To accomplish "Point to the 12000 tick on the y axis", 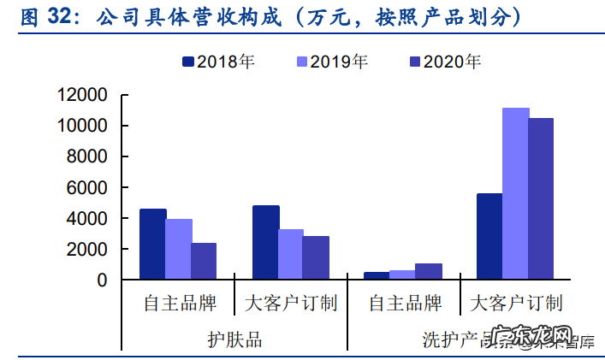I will click(82, 95).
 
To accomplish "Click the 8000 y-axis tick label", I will click(87, 156).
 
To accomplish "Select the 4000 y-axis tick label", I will click(87, 218).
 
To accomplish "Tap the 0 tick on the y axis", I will click(102, 280).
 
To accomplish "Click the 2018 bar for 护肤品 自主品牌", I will click(152, 244).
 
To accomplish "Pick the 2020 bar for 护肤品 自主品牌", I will click(204, 261).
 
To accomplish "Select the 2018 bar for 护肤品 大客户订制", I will click(265, 242).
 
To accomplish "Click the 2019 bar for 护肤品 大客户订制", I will click(291, 254).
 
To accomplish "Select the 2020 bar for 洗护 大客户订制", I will click(541, 198).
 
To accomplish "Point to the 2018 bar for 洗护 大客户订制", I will click(489, 236).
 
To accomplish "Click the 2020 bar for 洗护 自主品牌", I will click(429, 271).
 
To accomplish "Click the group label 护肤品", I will click(234, 339).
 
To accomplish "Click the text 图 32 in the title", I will click(43, 18).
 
